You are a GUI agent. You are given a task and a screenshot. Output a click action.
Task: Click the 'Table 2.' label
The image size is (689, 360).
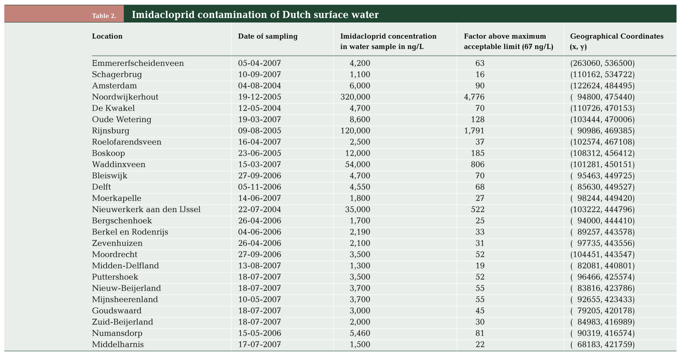coord(104,16)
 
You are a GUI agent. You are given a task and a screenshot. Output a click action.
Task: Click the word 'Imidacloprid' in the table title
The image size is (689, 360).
coord(163,15)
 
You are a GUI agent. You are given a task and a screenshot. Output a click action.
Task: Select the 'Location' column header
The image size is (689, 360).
coord(107,36)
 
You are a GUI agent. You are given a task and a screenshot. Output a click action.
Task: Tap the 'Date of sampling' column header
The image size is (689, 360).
coord(268,36)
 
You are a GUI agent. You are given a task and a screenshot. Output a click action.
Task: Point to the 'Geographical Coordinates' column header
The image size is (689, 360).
coord(617,36)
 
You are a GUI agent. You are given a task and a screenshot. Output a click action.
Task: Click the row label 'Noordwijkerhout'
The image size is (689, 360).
coord(125,97)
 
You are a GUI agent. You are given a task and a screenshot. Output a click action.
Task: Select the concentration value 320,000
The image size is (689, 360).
coord(355,97)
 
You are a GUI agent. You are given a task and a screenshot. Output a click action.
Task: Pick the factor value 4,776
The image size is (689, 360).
coord(474,97)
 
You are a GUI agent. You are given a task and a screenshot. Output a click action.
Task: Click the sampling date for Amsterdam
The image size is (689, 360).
coord(259,85)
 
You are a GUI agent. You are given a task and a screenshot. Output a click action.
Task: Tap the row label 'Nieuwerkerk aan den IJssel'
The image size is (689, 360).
coord(146,210)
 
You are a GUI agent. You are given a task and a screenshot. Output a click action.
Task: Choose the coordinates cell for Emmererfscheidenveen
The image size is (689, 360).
coord(602,63)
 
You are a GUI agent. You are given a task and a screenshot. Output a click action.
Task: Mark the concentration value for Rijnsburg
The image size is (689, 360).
coord(355,131)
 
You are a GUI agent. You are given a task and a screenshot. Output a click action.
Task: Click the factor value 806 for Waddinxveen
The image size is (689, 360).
coord(477,164)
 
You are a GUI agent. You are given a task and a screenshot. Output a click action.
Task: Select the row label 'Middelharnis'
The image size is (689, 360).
coord(117,344)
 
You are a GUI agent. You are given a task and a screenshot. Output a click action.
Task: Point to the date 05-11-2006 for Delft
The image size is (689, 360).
coord(259,187)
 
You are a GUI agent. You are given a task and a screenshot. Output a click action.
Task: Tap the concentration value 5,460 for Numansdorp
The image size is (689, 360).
coord(360,333)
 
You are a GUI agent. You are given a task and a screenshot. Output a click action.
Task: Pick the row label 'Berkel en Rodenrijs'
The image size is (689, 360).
coord(130,232)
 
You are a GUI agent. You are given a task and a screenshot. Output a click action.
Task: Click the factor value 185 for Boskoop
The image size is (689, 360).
coord(477,153)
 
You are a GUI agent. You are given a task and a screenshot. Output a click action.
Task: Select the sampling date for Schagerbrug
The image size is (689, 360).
coord(259,74)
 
